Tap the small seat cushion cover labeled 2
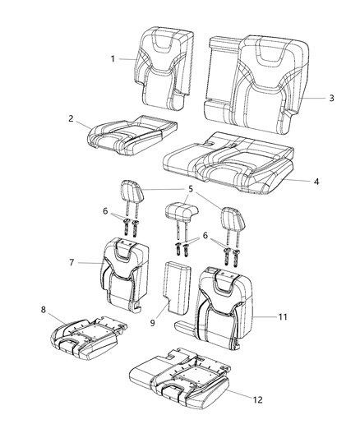coord(132,134)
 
